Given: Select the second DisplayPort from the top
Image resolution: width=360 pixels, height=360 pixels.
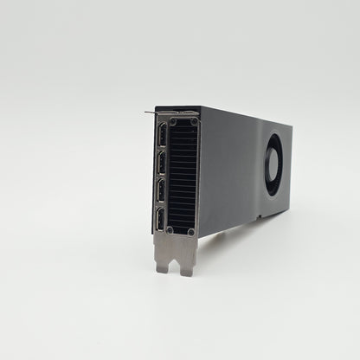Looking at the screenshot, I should pos(162,164).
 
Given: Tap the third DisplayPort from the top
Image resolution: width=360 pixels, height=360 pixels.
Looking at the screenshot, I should pos(163,190).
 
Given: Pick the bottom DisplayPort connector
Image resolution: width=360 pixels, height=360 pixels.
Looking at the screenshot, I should pos(163,218).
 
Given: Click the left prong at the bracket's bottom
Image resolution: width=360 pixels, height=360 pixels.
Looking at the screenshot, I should pos(164,265).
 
